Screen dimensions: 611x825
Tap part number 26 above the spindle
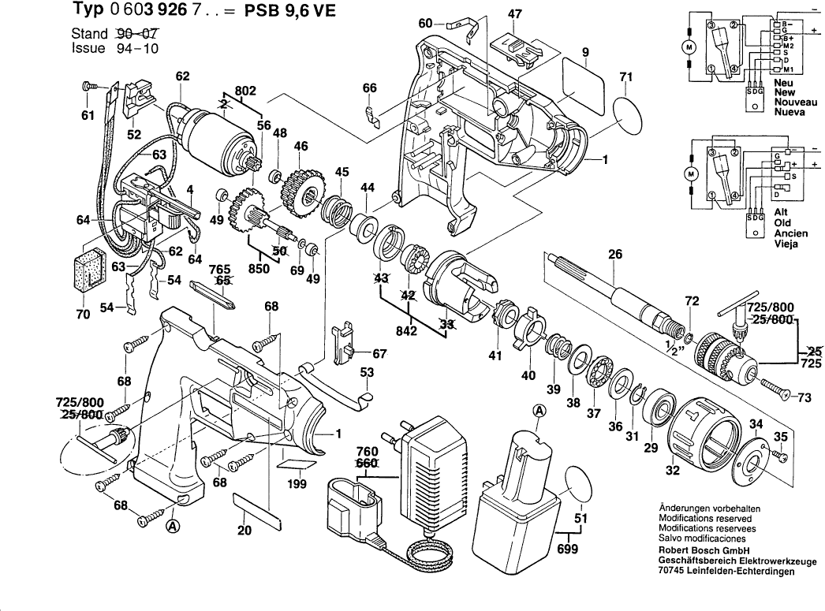coord(614,254)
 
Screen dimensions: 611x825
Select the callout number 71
coord(626,76)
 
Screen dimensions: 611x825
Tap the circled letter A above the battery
coord(539,411)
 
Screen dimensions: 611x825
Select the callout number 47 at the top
coord(515,15)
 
